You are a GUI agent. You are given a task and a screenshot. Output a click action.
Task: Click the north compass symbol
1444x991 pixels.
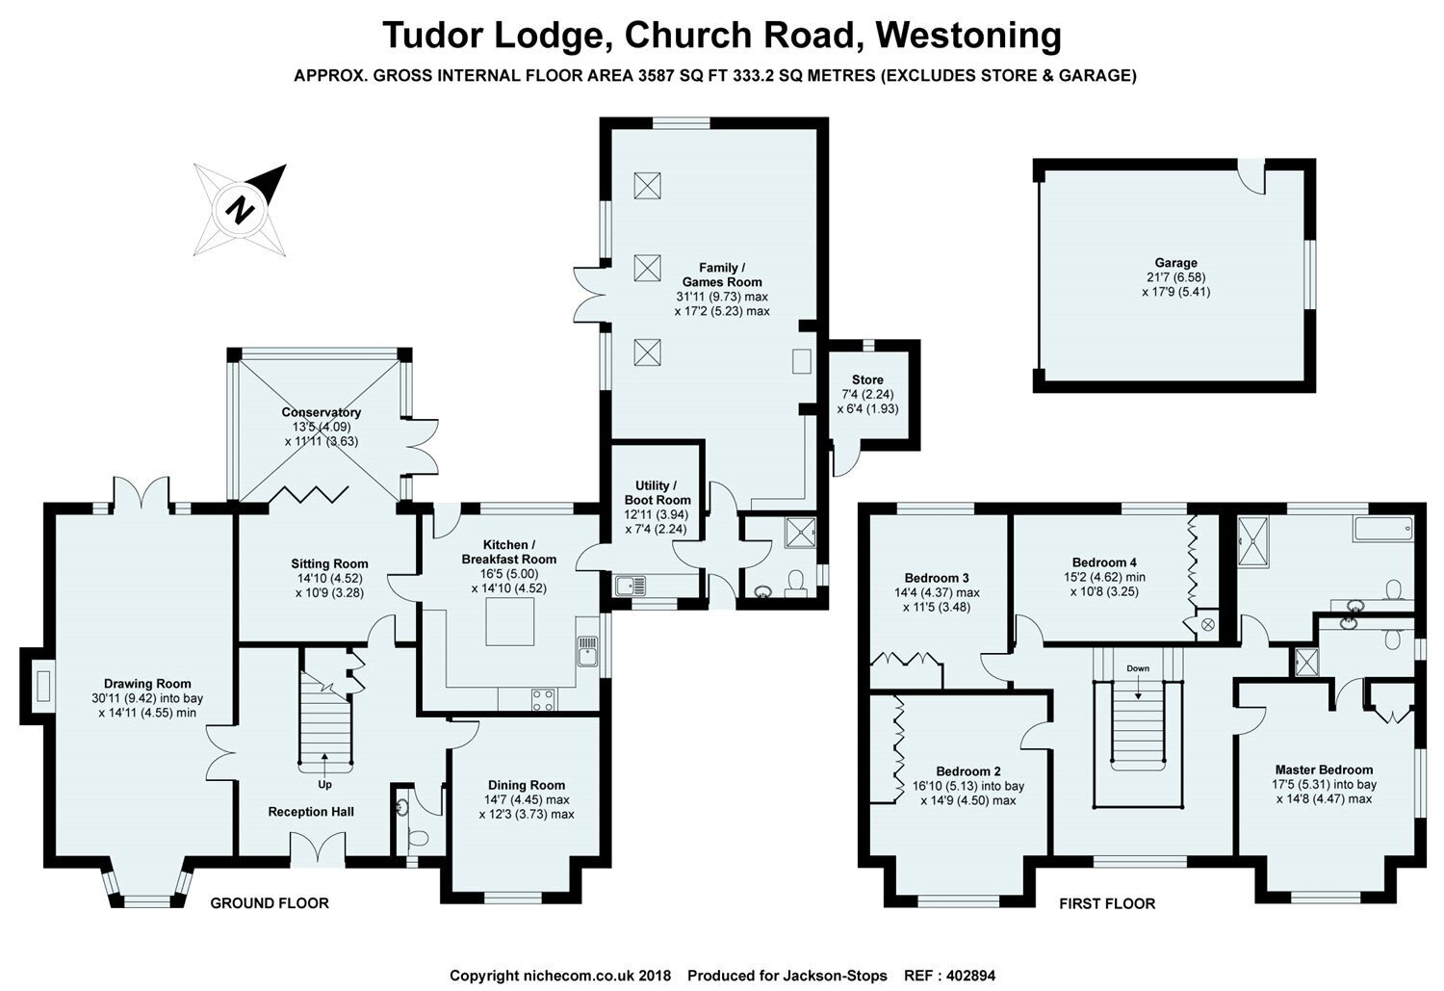tap(240, 209)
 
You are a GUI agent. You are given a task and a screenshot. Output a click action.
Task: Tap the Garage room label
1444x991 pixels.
tap(1175, 263)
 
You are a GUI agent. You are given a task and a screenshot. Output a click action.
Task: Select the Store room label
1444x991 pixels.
tap(866, 380)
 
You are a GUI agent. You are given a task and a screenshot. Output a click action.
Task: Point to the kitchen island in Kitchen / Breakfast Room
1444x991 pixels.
tap(510, 622)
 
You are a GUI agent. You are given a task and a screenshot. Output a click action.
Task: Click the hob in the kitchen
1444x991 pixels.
tap(543, 700)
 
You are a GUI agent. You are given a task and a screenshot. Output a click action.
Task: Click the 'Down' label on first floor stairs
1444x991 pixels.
tap(1138, 668)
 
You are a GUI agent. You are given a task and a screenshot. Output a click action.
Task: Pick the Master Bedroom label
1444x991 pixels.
tap(1324, 769)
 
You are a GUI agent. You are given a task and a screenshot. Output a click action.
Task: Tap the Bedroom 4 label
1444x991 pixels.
tap(1104, 562)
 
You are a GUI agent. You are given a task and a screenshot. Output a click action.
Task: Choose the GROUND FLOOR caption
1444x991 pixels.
tap(270, 903)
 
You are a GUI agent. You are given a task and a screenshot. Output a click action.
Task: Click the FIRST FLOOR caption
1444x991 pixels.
tap(1107, 903)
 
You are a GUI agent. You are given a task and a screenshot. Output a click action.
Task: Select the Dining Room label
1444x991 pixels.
tap(526, 785)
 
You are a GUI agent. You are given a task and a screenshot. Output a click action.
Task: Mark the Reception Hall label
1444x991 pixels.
tap(310, 812)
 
